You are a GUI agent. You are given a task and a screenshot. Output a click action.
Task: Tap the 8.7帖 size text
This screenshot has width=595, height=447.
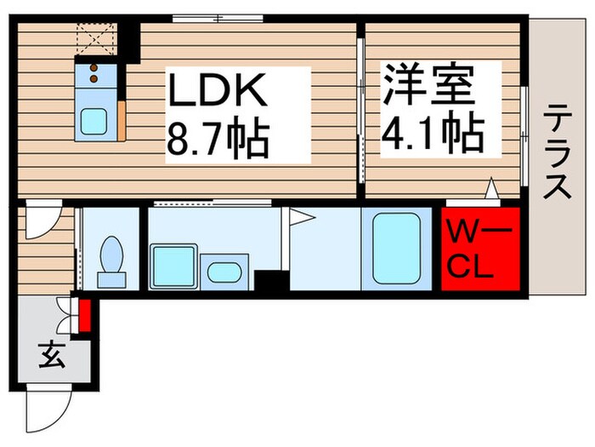218,136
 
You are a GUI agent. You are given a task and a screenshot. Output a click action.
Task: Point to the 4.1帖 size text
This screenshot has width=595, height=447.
433,133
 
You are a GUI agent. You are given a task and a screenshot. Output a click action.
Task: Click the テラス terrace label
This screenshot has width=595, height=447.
558,151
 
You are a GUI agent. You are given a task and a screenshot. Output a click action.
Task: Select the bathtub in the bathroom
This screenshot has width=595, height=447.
396,247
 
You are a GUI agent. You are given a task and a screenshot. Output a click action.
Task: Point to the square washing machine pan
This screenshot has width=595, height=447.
173,266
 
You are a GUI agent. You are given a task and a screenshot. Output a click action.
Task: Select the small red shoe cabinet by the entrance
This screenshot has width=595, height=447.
84,314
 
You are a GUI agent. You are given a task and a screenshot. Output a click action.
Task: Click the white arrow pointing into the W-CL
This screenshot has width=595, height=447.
491,192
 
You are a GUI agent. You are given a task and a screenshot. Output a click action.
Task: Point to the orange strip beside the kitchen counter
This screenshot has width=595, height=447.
124,120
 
